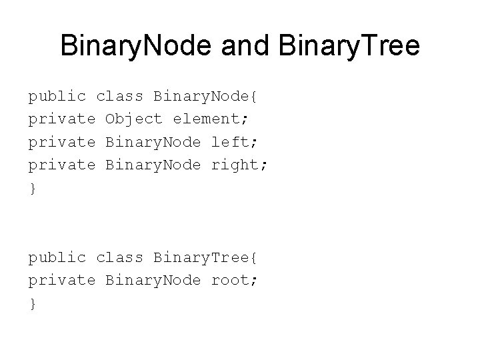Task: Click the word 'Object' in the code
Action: [133, 119]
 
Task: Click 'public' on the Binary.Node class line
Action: [57, 96]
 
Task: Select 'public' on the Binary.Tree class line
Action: [57, 257]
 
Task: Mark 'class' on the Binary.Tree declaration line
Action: [119, 257]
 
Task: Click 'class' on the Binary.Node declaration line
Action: [119, 96]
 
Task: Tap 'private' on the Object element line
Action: [61, 119]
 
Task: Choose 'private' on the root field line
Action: [61, 280]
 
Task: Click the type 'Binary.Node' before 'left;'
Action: [153, 142]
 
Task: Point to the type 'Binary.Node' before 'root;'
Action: [153, 280]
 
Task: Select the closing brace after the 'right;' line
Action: [32, 189]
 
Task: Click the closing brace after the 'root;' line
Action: [32, 304]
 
